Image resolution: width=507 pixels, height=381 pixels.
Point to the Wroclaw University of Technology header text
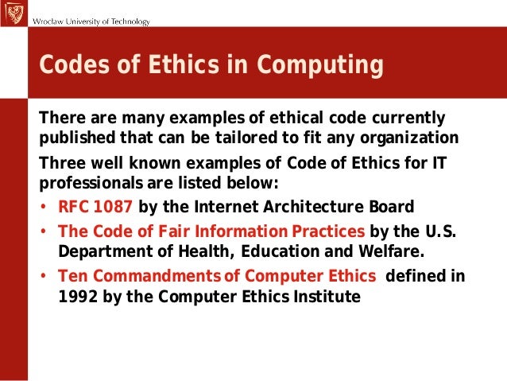[91, 21]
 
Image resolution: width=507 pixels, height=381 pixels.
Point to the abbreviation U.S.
[446, 231]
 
